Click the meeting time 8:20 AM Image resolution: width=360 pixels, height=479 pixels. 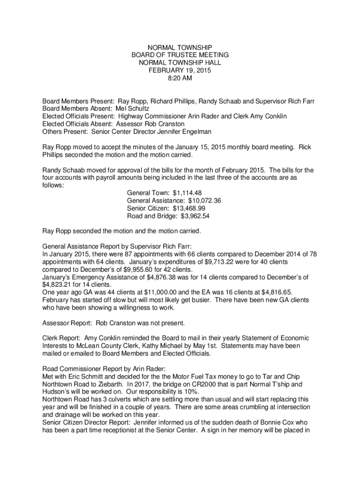[x=180, y=79]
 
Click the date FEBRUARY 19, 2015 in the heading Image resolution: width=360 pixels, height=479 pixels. [x=180, y=71]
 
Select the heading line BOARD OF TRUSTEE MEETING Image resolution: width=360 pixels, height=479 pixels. [x=180, y=55]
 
